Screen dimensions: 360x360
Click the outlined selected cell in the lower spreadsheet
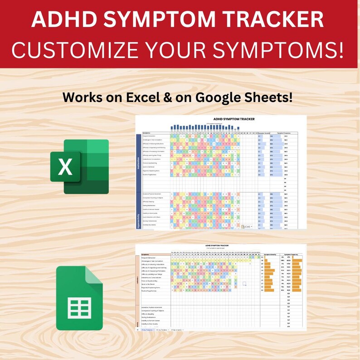244,283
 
